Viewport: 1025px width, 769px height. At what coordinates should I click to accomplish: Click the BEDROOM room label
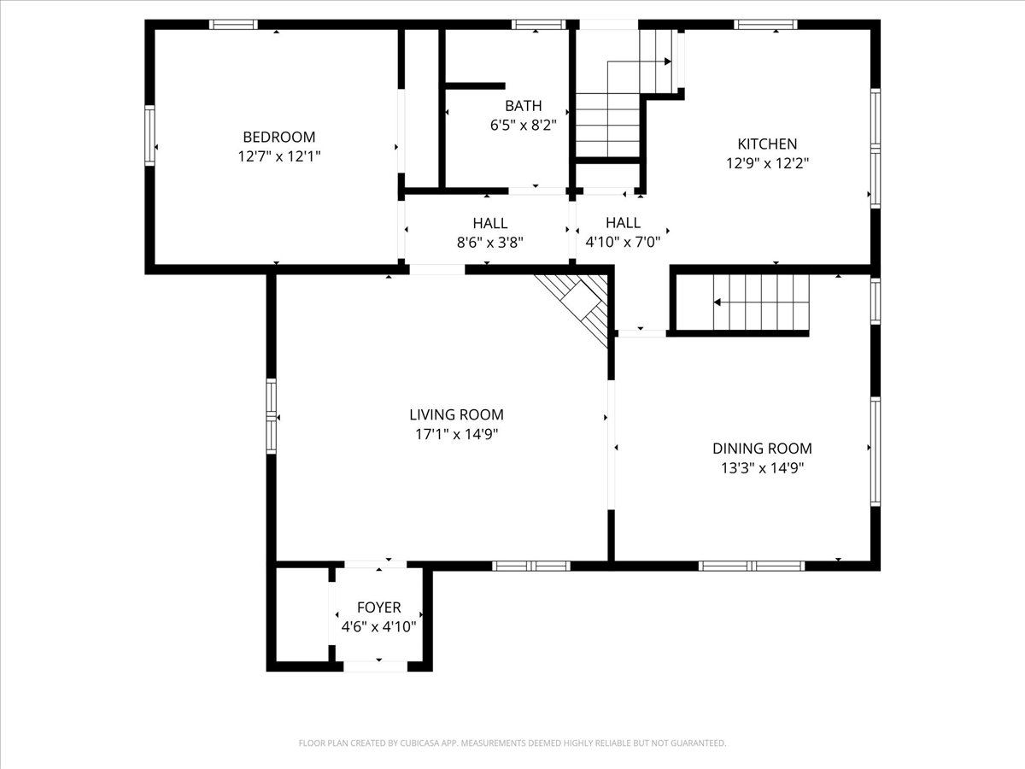pos(278,137)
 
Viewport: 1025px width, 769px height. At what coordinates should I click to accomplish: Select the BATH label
pos(523,106)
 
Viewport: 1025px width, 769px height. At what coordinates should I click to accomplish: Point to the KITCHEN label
pos(767,144)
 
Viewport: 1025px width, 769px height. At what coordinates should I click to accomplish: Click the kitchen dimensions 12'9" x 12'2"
pos(767,163)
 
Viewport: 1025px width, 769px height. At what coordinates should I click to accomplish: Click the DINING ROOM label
pos(762,449)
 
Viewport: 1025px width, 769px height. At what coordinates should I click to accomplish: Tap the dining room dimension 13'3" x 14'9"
pos(762,467)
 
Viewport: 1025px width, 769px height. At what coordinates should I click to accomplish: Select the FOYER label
pos(378,608)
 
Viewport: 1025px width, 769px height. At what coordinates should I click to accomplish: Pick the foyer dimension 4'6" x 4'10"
pos(378,626)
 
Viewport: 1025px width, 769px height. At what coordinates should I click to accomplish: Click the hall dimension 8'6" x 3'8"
pos(489,242)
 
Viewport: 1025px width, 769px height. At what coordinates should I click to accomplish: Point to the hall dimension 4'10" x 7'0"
pos(622,242)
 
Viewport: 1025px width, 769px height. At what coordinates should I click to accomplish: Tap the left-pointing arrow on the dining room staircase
pos(718,302)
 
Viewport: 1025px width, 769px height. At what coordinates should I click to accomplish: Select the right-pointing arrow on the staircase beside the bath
pos(665,62)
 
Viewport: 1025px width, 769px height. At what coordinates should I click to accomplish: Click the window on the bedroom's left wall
pos(150,135)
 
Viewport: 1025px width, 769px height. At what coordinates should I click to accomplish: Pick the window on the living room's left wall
pos(271,416)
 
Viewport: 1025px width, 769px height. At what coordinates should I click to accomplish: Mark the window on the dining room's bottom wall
pos(752,566)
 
